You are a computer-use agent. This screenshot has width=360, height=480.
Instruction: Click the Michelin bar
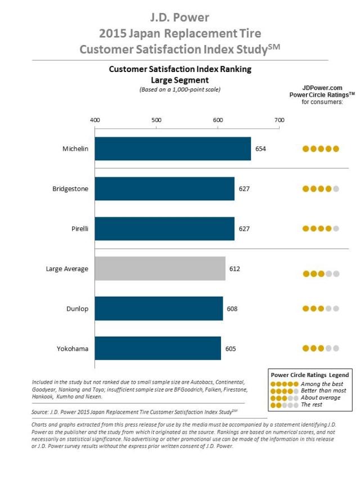[x=173, y=149]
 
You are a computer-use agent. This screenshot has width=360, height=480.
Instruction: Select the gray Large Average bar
[x=160, y=269]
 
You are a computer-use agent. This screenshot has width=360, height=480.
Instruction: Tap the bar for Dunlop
[x=159, y=309]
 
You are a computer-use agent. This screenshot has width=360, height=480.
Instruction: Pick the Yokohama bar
[x=157, y=349]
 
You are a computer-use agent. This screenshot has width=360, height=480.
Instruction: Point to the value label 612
[x=235, y=269]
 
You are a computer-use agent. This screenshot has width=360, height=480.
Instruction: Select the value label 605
[x=230, y=349]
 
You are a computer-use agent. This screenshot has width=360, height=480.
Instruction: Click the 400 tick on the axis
[x=95, y=120]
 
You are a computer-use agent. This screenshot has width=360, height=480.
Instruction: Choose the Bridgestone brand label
[x=70, y=189]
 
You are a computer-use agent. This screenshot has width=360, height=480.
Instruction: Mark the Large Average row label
[x=67, y=269]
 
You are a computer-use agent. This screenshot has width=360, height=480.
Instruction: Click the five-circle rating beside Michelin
[x=321, y=149]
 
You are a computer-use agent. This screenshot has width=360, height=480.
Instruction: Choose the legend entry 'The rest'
[x=313, y=405]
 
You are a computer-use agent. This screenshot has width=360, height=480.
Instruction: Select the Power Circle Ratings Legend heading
[x=309, y=375]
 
